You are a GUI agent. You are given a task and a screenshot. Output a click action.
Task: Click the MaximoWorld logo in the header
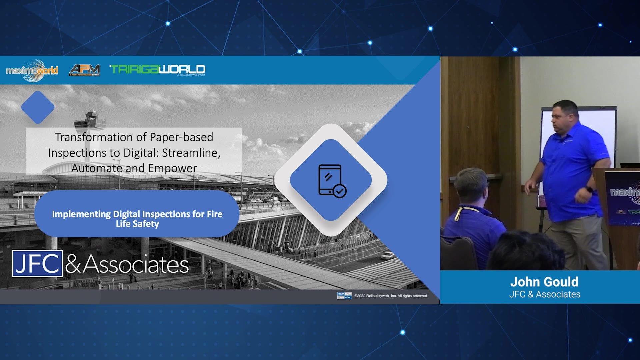pyautogui.click(x=32, y=70)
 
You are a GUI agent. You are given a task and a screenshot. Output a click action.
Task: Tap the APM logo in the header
pyautogui.click(x=85, y=70)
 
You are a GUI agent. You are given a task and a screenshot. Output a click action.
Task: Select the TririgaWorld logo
pyautogui.click(x=157, y=69)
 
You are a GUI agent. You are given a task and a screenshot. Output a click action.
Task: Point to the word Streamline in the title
pyautogui.click(x=191, y=153)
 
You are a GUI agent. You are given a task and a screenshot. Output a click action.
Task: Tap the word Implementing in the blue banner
pyautogui.click(x=81, y=214)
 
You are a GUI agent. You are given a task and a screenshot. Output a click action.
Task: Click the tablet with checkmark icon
pyautogui.click(x=331, y=181)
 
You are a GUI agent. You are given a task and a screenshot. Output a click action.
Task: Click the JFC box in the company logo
pyautogui.click(x=37, y=263)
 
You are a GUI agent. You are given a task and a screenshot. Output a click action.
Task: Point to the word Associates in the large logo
pyautogui.click(x=136, y=264)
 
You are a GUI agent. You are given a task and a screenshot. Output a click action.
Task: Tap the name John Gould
pyautogui.click(x=544, y=282)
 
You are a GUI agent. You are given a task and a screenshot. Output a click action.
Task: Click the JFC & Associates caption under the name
pyautogui.click(x=545, y=294)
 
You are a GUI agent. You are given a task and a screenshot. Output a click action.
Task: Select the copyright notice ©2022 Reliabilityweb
pyautogui.click(x=391, y=296)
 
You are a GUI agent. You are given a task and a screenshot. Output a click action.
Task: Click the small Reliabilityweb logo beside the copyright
pyautogui.click(x=344, y=296)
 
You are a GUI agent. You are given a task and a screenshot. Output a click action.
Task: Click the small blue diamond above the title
pyautogui.click(x=38, y=107)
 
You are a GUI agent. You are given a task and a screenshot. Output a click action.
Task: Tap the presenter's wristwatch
pyautogui.click(x=589, y=189)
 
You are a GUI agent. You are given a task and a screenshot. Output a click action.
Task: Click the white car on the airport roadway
pyautogui.click(x=387, y=256)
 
